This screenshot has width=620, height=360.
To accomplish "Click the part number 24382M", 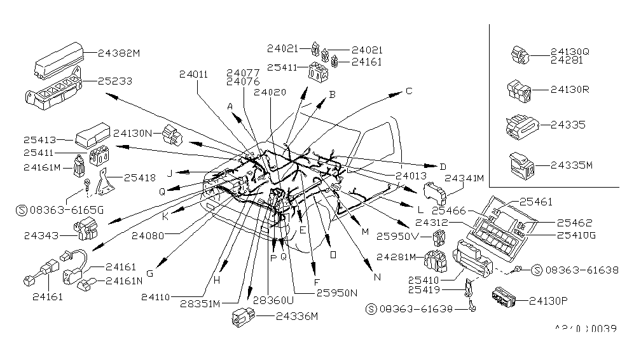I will [x=118, y=53].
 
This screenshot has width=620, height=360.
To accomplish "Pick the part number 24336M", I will [x=296, y=315].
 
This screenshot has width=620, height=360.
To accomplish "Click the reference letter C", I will [x=409, y=91].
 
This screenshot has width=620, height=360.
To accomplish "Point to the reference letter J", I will [x=170, y=173].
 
